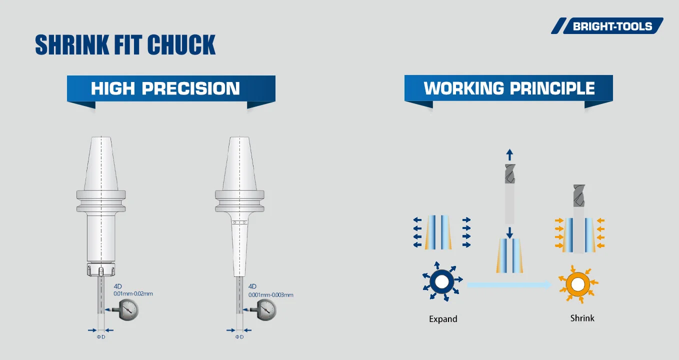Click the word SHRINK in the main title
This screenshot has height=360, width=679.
(x=67, y=45)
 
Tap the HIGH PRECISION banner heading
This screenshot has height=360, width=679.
(x=165, y=88)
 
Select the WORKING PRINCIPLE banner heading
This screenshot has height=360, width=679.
(x=509, y=88)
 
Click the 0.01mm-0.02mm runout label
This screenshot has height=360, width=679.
(x=133, y=293)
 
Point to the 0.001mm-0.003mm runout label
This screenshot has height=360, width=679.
(x=270, y=295)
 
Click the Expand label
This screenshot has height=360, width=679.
(x=443, y=319)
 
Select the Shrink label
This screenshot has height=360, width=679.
(x=582, y=318)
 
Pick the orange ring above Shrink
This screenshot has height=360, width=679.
(x=577, y=284)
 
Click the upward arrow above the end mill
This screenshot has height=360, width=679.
(x=509, y=154)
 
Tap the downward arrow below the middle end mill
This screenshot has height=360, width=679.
(x=509, y=232)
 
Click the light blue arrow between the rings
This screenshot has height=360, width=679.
(x=508, y=284)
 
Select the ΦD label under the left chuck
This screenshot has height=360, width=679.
(x=100, y=337)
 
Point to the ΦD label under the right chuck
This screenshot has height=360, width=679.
(x=239, y=337)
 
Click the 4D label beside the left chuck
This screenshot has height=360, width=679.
(x=118, y=286)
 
